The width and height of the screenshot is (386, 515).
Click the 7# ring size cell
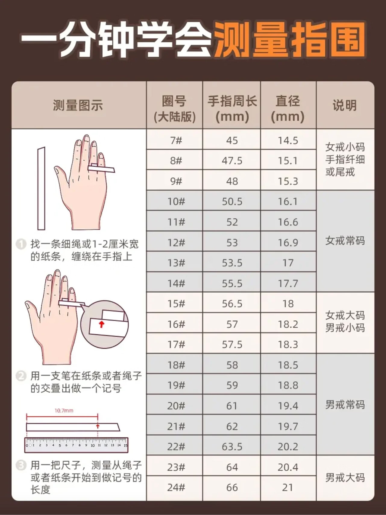(176, 141)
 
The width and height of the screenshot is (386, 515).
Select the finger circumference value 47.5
(232, 161)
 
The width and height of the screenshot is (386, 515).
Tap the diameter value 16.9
(288, 243)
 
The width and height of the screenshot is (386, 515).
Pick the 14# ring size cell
(176, 283)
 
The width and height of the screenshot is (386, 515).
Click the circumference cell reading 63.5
(232, 447)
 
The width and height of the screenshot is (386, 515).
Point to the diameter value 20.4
(288, 467)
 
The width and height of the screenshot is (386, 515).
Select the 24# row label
(176, 487)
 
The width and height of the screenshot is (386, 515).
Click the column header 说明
(345, 105)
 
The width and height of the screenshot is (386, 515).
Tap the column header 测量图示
(78, 105)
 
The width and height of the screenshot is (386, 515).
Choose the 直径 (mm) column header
(288, 109)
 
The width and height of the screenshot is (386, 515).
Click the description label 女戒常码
(345, 241)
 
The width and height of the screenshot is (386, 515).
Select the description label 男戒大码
(345, 477)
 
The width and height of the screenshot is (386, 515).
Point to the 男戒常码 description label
(345, 405)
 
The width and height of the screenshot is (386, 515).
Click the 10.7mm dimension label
(64, 411)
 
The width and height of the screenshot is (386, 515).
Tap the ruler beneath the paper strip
(76, 445)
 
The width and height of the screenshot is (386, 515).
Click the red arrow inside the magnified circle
(102, 324)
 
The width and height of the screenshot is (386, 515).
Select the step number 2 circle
(21, 376)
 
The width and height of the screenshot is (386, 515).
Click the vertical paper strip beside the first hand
(41, 189)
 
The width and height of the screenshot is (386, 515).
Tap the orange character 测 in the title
(232, 39)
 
